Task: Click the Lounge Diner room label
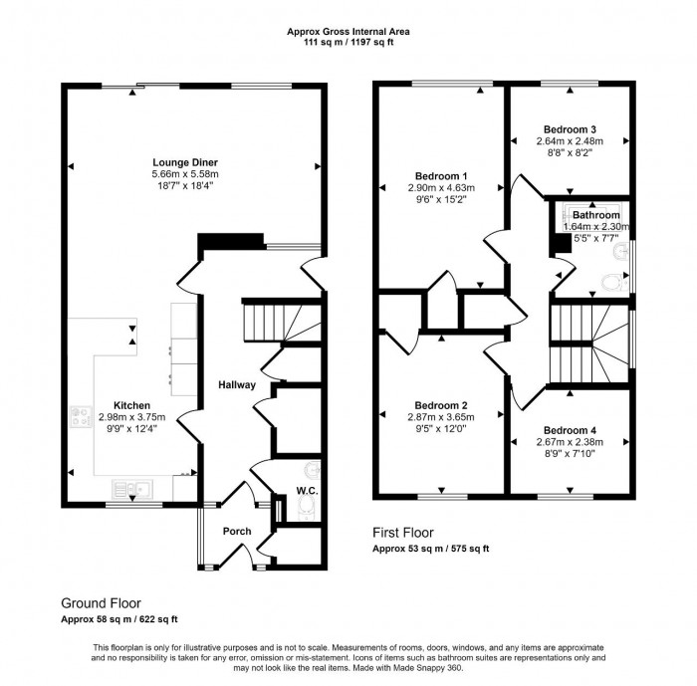[x=185, y=162]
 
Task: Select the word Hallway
[x=238, y=385]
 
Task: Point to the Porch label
[x=237, y=531]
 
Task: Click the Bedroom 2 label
[x=441, y=405]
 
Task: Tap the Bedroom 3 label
[x=570, y=129]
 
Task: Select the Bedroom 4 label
[x=571, y=430]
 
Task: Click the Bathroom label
[x=595, y=215]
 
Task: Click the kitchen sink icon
[x=131, y=487]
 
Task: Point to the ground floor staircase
[x=270, y=322]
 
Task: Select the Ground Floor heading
[x=101, y=602]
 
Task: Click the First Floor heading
[x=403, y=533]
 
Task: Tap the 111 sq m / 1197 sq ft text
[x=348, y=43]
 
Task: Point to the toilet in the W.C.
[x=306, y=511]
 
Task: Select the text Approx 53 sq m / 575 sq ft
[x=431, y=549]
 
